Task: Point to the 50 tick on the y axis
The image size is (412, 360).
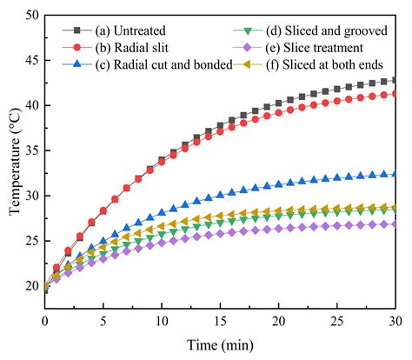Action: coord(30,15)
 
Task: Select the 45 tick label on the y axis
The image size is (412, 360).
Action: coord(30,60)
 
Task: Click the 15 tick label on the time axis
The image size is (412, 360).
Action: coord(219,321)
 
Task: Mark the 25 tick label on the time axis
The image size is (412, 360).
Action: coord(336,321)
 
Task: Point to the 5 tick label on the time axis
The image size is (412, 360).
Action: coord(103,321)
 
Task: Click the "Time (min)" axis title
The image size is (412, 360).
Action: coord(219,344)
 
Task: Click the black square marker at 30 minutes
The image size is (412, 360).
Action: coord(394,80)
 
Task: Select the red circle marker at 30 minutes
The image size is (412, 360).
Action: coord(394,94)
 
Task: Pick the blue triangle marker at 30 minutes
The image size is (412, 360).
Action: coord(394,174)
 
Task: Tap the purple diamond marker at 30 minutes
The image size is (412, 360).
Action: coord(394,224)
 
